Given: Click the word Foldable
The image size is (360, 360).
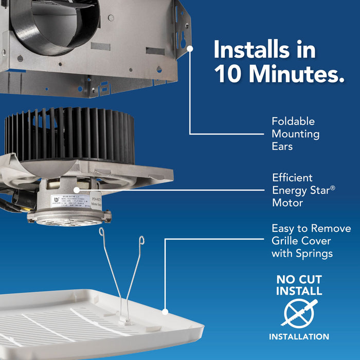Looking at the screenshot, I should point(293,122).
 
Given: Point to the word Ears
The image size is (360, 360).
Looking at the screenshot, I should point(282,147).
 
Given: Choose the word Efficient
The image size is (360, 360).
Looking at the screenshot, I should point(292,178).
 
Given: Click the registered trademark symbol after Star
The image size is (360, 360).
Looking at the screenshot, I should point(333,188).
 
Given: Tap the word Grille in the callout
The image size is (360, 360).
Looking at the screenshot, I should point(287,241).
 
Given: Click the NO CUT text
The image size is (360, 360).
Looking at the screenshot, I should point(299,280).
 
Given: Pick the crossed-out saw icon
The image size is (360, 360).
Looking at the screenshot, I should point(299,314).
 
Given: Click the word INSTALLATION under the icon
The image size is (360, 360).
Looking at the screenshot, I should point(299,337).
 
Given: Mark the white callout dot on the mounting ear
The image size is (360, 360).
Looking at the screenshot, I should point(190,48).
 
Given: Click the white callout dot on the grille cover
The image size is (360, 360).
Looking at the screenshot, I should point(165,311).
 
